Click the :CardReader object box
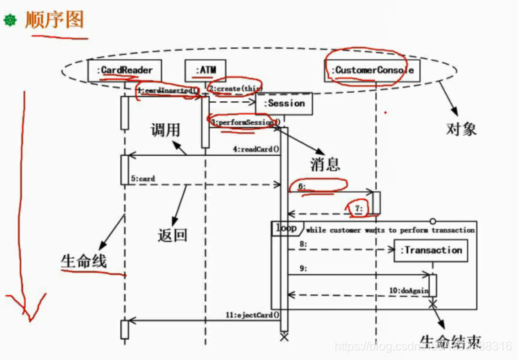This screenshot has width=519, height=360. pos(125,71)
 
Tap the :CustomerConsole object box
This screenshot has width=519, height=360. pos(372,71)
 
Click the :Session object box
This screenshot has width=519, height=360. pos(283,103)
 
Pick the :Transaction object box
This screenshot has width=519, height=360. pos(430,250)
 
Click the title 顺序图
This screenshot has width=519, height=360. pos(54,20)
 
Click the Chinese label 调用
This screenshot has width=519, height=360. pos(166,130)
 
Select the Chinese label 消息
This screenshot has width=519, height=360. pos(325,163)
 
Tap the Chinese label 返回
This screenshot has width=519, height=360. pos(172,235)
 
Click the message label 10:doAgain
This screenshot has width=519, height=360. pos(407,289)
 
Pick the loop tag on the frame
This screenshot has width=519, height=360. pos(285,228)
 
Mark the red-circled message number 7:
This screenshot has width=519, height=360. pos(358,207)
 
